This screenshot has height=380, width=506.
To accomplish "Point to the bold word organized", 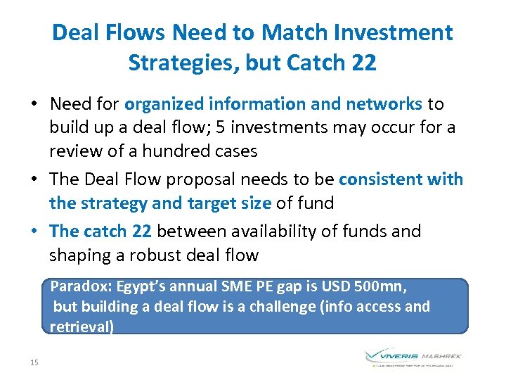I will tap(164, 104).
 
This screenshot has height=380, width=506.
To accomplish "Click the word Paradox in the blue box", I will tap(77, 286).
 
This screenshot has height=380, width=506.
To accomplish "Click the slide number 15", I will tap(34, 362).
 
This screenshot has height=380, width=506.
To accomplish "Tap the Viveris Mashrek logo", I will tap(413, 357).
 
